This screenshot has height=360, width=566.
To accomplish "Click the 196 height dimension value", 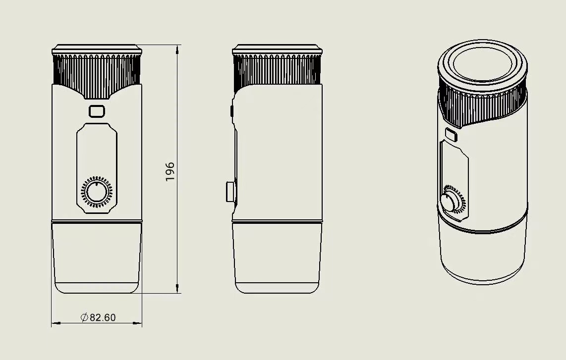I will [x=170, y=171].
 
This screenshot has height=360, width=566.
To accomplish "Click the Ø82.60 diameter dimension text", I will [x=98, y=317].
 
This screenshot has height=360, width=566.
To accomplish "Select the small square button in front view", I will [x=97, y=111].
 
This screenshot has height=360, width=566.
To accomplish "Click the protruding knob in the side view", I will [x=230, y=192].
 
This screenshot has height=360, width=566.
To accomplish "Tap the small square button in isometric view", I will [x=451, y=134].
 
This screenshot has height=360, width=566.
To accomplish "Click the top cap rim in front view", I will [x=97, y=50].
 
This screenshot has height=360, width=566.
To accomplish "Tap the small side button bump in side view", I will [x=232, y=110].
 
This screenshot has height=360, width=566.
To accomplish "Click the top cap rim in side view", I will [x=278, y=50].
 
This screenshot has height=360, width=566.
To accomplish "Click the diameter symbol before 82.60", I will [x=84, y=317].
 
